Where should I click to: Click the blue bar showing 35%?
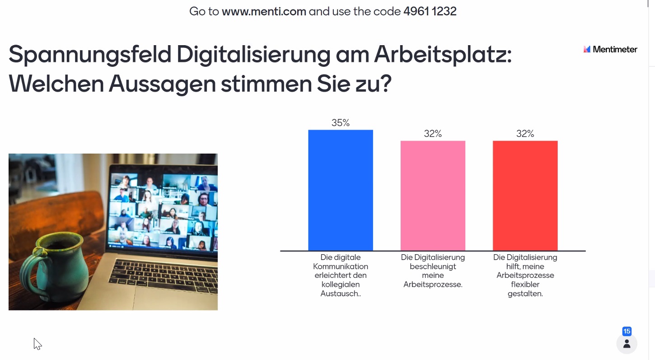[340, 190]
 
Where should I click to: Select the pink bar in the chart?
[433, 196]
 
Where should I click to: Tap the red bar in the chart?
[525, 196]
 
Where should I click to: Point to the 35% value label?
[341, 123]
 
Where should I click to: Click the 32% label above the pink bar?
[433, 134]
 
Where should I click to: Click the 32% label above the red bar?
[525, 134]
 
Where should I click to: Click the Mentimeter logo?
[610, 50]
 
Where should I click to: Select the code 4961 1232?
[430, 11]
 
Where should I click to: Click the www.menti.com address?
[264, 11]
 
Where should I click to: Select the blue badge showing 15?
[627, 332]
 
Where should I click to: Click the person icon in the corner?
[627, 344]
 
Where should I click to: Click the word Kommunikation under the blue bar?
[340, 266]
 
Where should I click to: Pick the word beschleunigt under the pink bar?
[433, 266]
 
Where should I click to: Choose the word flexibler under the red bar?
[525, 285]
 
